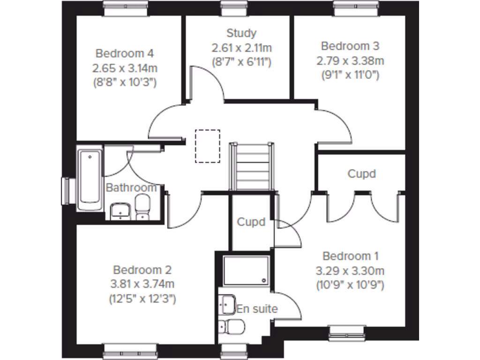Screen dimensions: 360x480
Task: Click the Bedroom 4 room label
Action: coord(124,53)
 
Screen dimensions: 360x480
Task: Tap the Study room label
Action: coord(241,33)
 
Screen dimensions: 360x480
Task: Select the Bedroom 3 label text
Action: coord(350,46)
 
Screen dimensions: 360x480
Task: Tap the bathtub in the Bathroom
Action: coord(90,179)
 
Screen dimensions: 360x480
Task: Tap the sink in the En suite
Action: coord(227,304)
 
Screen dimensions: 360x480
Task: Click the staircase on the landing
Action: coord(251,167)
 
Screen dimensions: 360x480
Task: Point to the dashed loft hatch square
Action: coord(207,146)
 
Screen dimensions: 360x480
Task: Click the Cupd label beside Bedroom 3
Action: coord(361,174)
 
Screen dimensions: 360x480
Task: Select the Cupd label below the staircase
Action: coord(251,222)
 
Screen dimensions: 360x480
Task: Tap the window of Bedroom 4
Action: coord(125,5)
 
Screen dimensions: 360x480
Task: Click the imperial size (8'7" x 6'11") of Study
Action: coord(241,61)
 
